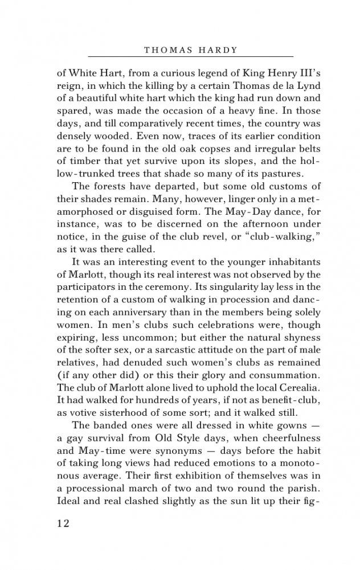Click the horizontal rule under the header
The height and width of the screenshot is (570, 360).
[x=191, y=57]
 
